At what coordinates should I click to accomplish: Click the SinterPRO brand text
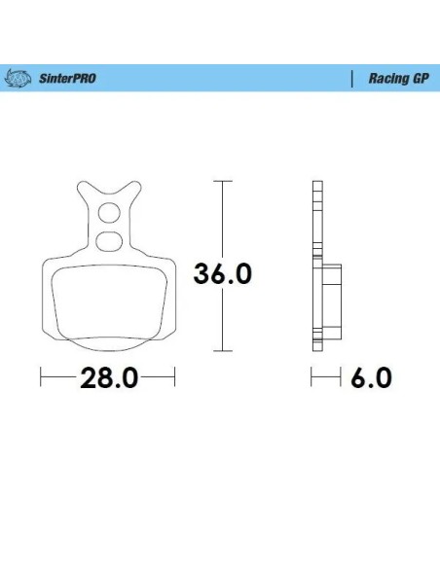coord(67,78)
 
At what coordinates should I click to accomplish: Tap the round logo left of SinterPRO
coord(18,78)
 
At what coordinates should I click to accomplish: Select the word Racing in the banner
coord(387,79)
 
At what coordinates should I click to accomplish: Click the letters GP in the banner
coord(421,78)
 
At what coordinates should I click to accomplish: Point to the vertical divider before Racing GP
coord(352,79)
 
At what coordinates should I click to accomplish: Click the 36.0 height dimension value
coord(223,273)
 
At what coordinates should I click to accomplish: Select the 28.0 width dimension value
coord(109,377)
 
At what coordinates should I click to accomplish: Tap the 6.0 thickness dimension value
coord(371,377)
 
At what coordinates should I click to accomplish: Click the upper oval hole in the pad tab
coord(109,213)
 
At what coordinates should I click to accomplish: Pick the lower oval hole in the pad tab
coord(108,241)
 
